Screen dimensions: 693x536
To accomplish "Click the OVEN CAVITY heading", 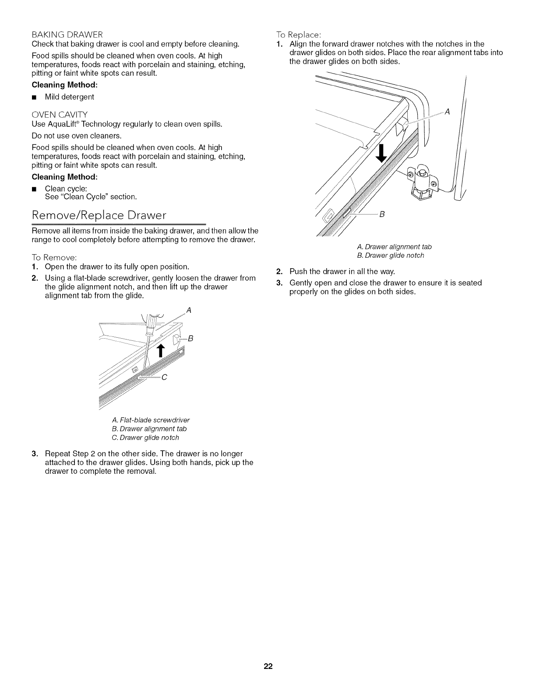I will [x=60, y=115].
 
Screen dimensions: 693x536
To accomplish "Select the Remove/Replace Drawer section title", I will [x=99, y=215].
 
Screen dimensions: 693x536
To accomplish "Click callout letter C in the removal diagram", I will [x=165, y=378].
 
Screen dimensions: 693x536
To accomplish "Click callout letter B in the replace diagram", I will [x=381, y=214].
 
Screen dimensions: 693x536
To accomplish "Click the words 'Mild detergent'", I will [x=70, y=97].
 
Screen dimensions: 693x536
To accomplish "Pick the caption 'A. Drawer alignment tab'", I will [x=394, y=247].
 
